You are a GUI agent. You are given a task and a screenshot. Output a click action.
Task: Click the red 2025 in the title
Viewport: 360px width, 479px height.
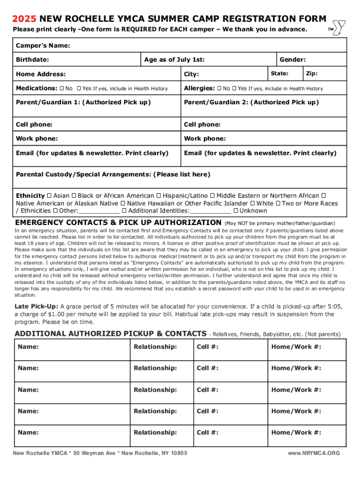24,19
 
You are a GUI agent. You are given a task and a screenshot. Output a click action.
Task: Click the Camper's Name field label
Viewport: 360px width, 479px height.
43,45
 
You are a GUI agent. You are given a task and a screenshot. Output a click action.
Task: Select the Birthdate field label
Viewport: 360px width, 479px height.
33,59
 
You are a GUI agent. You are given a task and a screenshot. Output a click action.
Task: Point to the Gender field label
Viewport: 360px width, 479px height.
293,59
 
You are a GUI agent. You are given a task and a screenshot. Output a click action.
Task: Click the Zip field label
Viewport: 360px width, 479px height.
311,73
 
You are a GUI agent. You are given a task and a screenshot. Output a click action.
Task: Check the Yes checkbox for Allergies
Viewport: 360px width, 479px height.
234,88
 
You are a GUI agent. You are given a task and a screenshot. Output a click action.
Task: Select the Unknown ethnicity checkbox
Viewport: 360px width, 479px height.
235,211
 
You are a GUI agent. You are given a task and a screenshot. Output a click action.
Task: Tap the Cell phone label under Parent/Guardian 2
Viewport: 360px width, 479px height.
202,124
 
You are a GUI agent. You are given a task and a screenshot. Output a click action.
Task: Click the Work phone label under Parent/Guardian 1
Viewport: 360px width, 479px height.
37,138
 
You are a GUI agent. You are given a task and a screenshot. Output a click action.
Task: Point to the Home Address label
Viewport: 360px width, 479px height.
41,74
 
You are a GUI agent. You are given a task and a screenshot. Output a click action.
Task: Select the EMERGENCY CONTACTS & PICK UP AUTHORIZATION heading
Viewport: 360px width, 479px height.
118,222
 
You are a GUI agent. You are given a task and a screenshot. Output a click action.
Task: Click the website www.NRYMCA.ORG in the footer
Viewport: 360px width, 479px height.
314,453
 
